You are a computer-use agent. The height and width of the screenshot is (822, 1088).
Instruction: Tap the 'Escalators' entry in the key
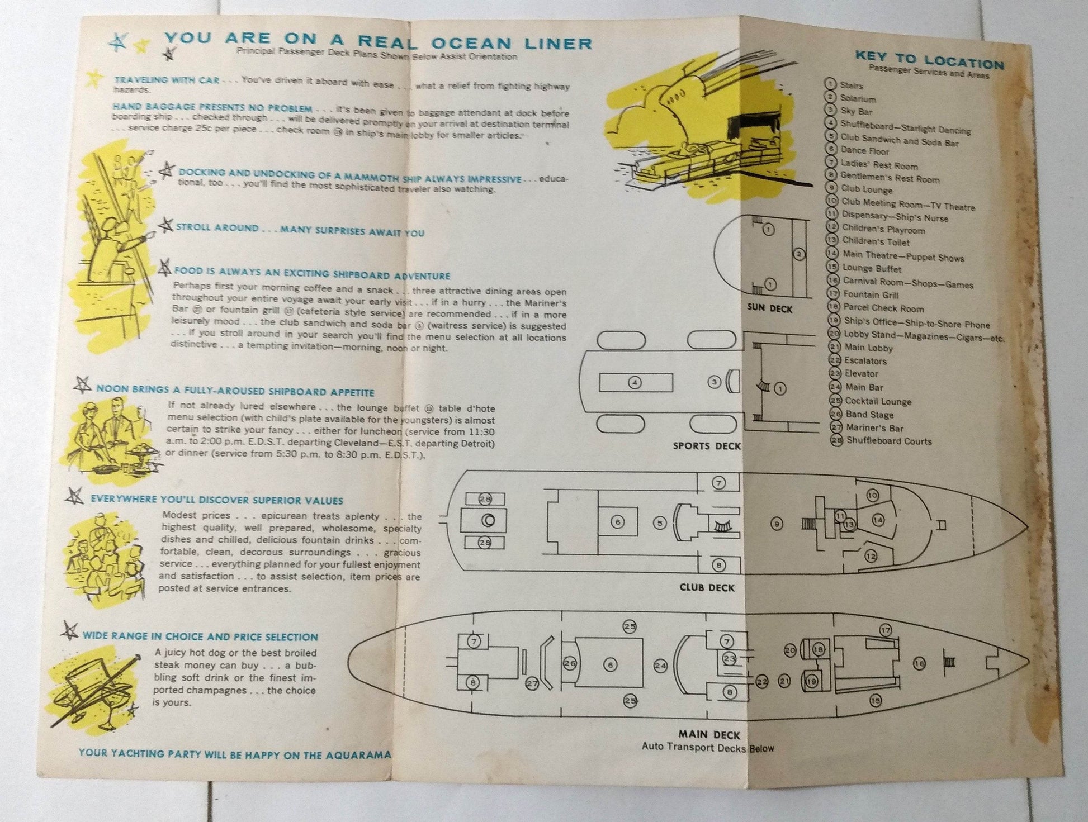[865, 361]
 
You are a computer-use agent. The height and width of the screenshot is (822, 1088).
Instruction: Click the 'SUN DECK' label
[770, 309]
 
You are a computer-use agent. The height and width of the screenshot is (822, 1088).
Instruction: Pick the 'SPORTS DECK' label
[707, 446]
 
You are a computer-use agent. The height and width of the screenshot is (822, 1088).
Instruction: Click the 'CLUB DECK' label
[707, 587]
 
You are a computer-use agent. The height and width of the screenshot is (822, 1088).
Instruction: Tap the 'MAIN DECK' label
[709, 735]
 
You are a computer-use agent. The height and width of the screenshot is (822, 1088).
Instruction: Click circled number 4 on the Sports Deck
[634, 383]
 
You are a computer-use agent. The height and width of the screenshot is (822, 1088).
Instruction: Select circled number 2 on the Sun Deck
[799, 254]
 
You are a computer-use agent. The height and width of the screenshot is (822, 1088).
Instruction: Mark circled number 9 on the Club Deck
[776, 524]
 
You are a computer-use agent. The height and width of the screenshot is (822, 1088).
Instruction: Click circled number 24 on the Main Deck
[660, 666]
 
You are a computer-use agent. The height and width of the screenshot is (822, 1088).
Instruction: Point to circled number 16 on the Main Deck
[919, 663]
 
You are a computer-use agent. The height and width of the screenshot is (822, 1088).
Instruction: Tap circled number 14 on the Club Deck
[878, 520]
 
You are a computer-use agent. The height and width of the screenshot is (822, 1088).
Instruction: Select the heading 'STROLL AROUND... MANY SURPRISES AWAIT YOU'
[300, 230]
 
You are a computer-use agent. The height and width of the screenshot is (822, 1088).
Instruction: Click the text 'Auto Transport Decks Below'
[708, 747]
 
